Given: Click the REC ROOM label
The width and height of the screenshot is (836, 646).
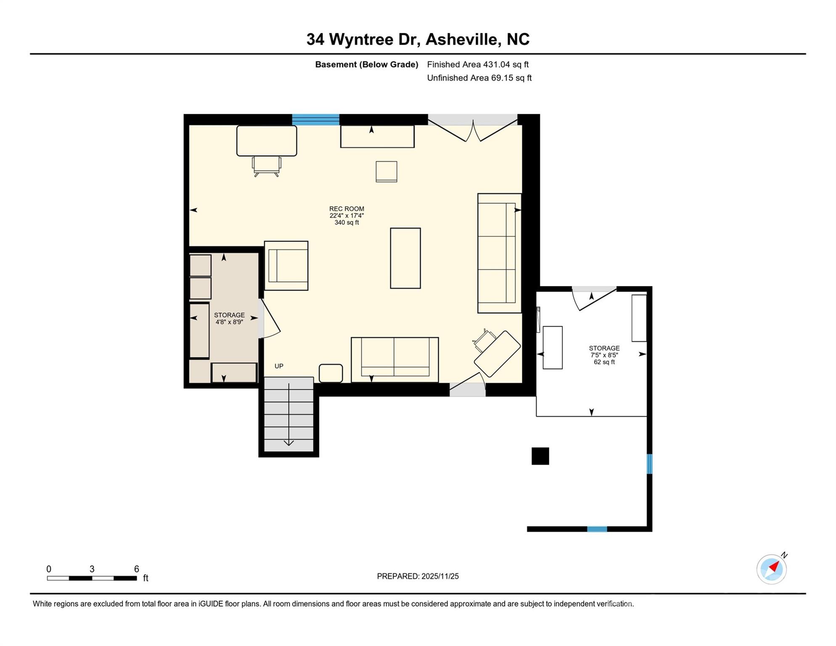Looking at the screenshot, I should (x=347, y=209).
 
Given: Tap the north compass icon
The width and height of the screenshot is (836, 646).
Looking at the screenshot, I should (x=771, y=569).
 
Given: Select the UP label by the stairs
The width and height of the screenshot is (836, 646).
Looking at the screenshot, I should (x=279, y=366).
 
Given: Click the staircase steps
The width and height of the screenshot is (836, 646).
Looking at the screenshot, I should (x=288, y=414).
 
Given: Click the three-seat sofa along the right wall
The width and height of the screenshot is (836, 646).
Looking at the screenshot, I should (x=499, y=253).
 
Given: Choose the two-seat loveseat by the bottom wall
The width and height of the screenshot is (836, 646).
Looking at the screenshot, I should (x=394, y=360).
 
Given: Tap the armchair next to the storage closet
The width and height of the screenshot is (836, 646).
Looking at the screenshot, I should (x=286, y=265).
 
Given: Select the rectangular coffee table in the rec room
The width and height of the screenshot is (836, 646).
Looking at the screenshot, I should (x=405, y=258).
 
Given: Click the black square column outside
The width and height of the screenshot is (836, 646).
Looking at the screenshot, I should (x=540, y=456).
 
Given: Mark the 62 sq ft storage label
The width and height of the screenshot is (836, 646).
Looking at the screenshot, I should (x=604, y=362).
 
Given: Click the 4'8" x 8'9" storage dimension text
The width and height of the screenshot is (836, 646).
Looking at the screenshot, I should (x=229, y=322).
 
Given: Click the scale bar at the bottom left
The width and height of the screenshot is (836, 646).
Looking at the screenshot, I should (x=92, y=578).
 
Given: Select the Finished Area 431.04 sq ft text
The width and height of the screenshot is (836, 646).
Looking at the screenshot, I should (x=477, y=64).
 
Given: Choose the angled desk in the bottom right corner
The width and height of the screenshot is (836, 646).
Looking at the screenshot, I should (x=497, y=354).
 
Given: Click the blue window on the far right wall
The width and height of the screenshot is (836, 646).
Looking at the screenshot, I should (x=649, y=463).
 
